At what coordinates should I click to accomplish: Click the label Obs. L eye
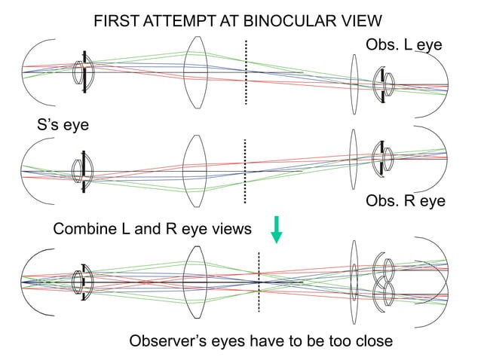(403, 46)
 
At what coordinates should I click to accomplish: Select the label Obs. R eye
(405, 201)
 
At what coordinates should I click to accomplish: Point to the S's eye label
(63, 125)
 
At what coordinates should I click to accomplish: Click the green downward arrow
(277, 229)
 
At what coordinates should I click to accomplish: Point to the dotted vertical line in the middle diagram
(245, 171)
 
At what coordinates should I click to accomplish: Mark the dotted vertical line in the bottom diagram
(259, 282)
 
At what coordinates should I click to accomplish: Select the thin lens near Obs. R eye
(353, 160)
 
